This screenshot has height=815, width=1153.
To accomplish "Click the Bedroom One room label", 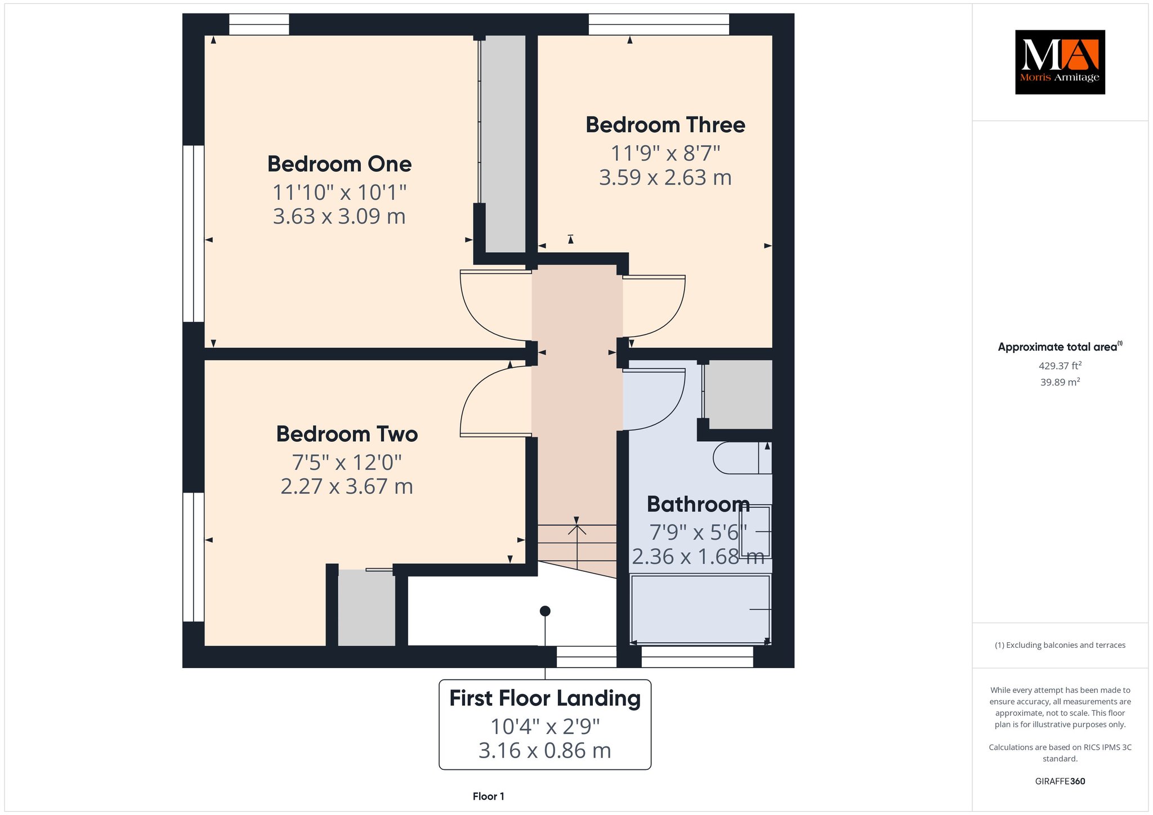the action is (339, 164).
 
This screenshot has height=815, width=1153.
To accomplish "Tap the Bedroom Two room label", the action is (347, 435).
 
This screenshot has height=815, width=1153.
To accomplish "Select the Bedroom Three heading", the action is (665, 125).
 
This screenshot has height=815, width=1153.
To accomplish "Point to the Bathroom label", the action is (698, 504).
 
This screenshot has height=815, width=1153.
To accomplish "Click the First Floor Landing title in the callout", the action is (545, 699).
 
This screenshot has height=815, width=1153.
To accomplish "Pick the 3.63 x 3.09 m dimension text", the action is (339, 216).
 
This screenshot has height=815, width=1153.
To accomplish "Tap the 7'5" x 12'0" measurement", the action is (347, 463).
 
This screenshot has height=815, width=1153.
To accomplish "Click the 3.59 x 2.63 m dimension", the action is (665, 178).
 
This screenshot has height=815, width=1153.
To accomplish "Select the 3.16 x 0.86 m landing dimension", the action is (545, 751).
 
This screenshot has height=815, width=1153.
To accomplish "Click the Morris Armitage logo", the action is (1060, 62).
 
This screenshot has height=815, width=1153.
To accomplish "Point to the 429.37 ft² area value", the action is (1060, 366).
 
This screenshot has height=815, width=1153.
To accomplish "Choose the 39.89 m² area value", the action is (1060, 382).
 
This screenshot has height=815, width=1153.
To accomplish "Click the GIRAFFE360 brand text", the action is (1060, 781).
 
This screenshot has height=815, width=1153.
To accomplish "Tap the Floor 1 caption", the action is (489, 796).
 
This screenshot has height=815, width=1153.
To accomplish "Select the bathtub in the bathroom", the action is (700, 610).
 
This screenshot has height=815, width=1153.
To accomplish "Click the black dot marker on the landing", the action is (545, 611).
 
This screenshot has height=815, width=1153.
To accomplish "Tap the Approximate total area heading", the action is (1060, 347).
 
